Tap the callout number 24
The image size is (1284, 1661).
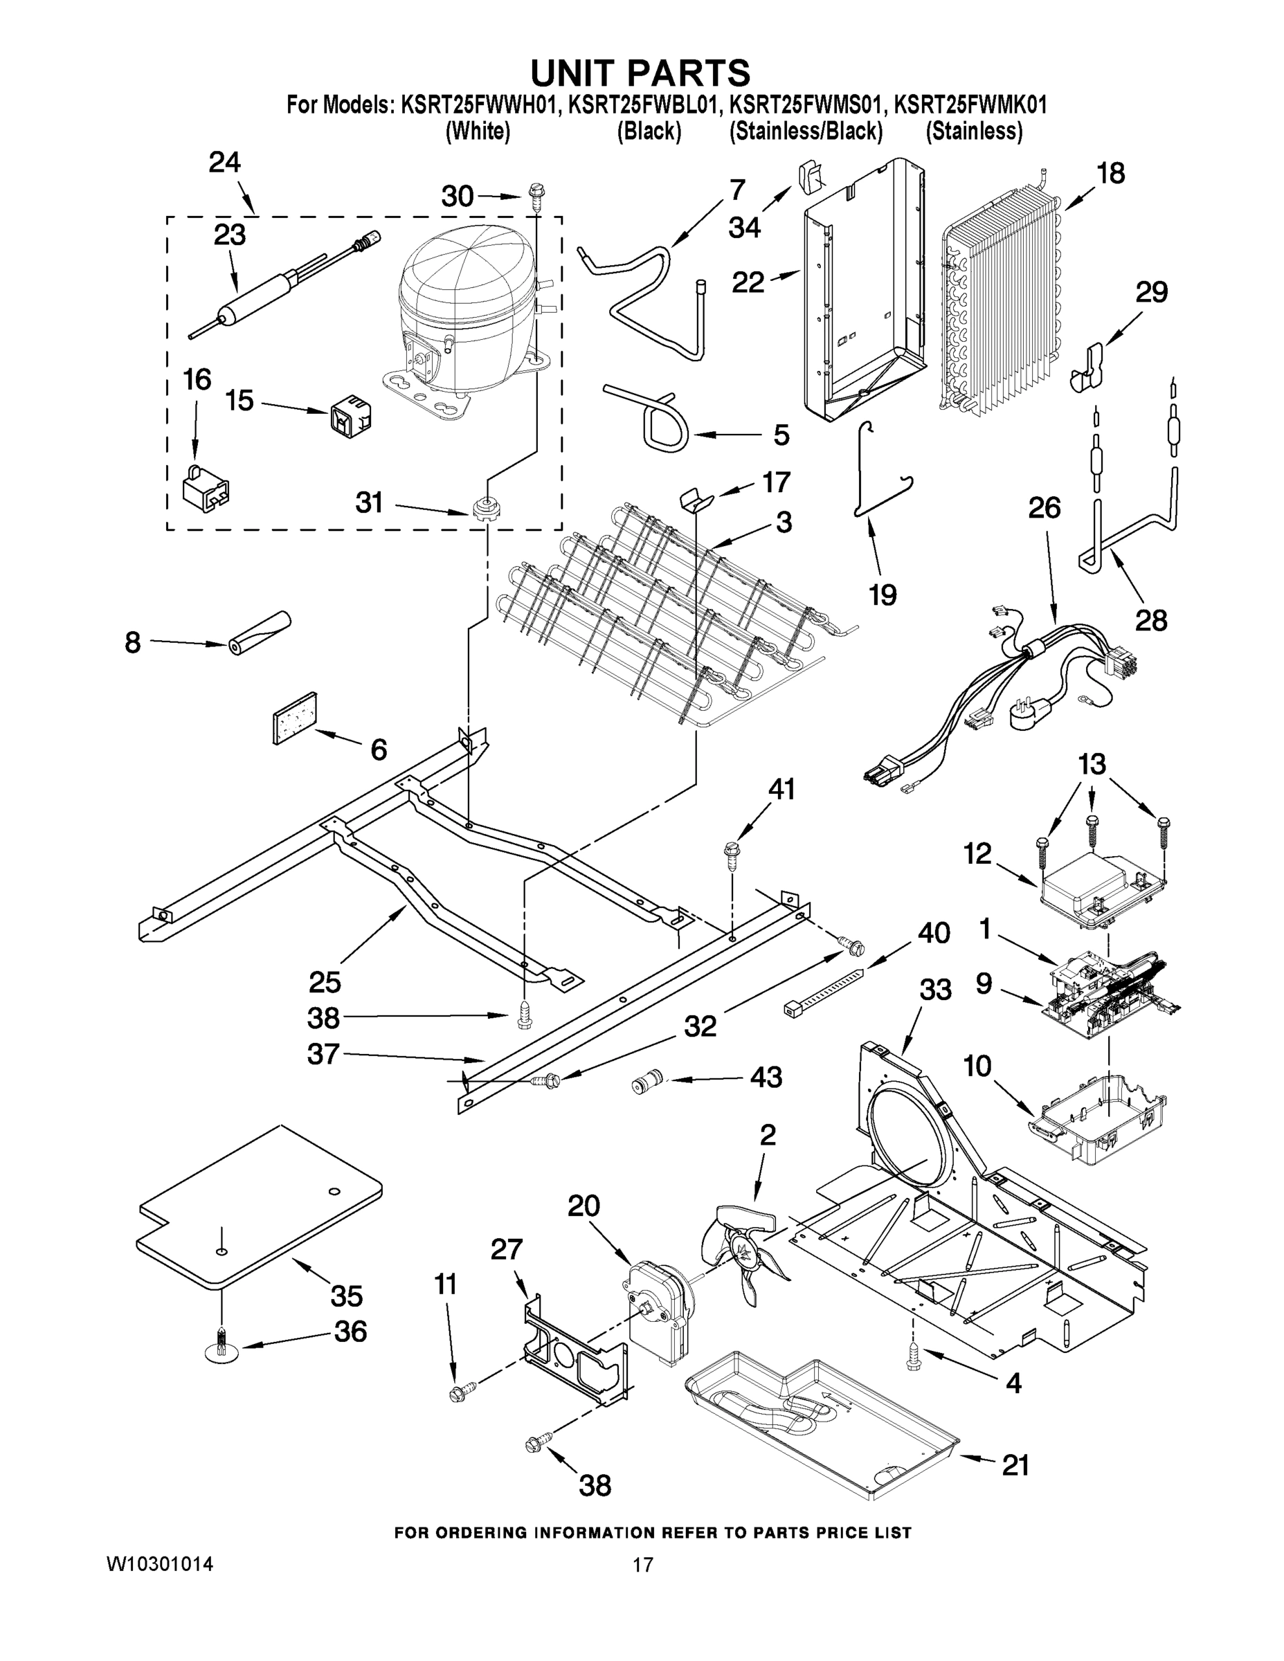[x=225, y=163]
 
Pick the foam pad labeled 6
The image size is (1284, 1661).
[x=295, y=717]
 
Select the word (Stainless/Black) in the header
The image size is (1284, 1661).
[x=806, y=131]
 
